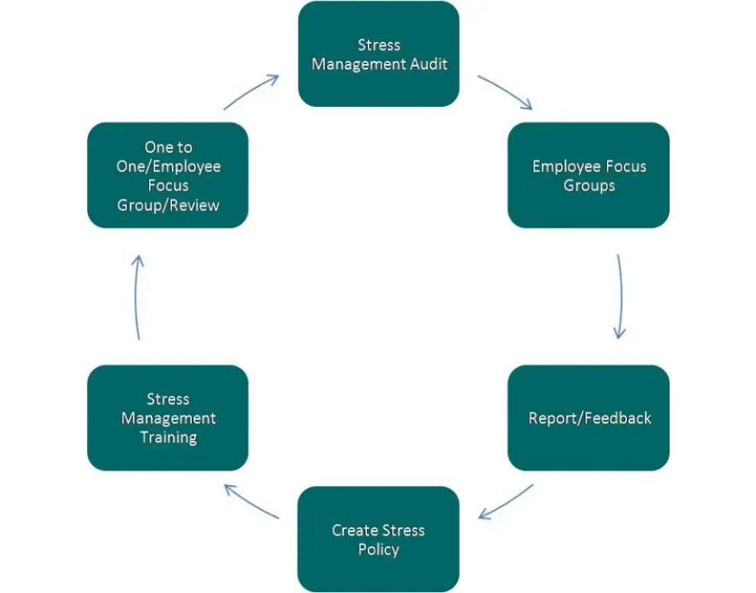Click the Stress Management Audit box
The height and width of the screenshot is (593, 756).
[x=378, y=54]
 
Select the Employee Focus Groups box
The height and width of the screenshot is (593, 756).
[x=589, y=175]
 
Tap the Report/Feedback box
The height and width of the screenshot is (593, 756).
[x=589, y=417]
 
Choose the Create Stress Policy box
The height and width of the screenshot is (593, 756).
[x=378, y=539]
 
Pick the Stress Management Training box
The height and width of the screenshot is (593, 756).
[x=167, y=417]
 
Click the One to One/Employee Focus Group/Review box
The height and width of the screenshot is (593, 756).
[x=167, y=175]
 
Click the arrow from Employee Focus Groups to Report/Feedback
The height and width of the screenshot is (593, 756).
[x=621, y=296]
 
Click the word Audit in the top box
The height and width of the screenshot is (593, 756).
[x=429, y=63]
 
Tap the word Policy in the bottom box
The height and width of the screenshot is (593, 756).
[x=378, y=549]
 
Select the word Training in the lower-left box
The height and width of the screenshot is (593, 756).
[x=168, y=438]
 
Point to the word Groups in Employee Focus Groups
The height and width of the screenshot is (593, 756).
[x=589, y=186]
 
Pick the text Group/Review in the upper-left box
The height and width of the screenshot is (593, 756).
[x=167, y=206]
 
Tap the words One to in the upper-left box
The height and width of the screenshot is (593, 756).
[x=168, y=147]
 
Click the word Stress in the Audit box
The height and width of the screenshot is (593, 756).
[x=379, y=45]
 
